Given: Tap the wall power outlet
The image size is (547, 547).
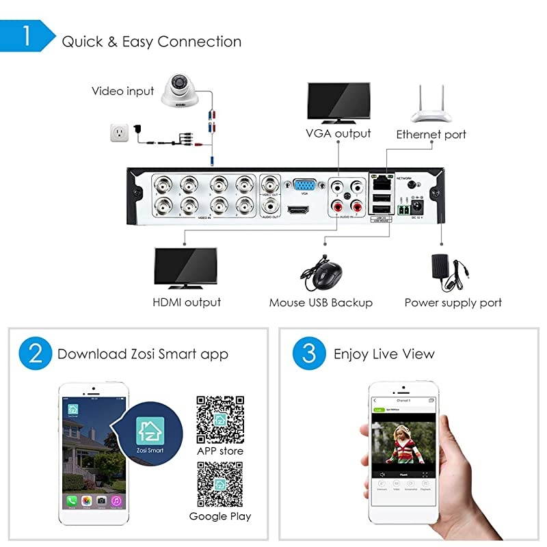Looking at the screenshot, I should [x=120, y=132].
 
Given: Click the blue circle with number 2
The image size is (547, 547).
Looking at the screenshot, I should [x=36, y=353].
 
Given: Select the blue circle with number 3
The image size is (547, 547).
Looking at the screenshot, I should [x=308, y=353].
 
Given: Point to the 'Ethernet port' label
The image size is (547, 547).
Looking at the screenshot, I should [x=431, y=134].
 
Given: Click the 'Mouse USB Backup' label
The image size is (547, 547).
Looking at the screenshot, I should [x=321, y=302].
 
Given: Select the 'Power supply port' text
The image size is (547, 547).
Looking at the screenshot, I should [x=453, y=302].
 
